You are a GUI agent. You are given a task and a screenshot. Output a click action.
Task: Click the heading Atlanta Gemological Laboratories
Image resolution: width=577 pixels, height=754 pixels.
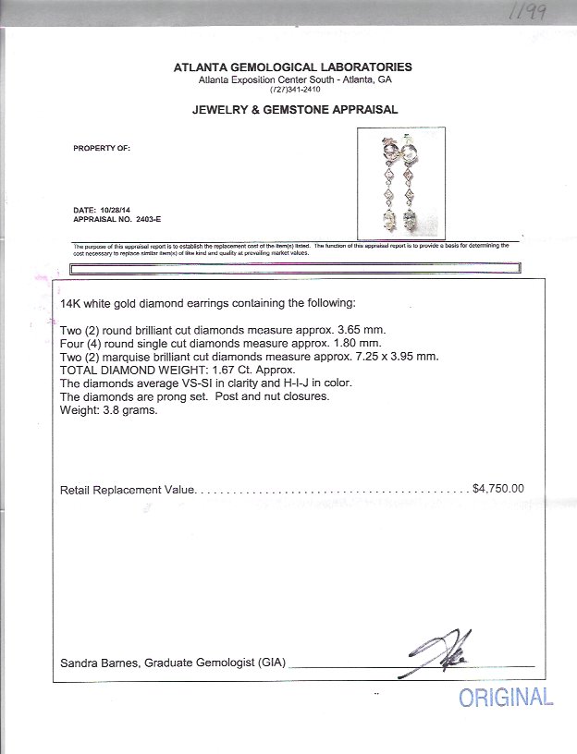point(293,67)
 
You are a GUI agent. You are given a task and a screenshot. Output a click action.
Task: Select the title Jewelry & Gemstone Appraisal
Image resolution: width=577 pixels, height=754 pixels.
point(294,109)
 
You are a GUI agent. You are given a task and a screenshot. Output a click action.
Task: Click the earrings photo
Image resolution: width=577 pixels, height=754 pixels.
point(400,181)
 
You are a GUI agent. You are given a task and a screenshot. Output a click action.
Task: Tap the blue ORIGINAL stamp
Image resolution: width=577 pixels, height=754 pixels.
point(506,697)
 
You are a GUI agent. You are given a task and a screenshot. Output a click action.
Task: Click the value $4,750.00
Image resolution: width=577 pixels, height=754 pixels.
point(497,489)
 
